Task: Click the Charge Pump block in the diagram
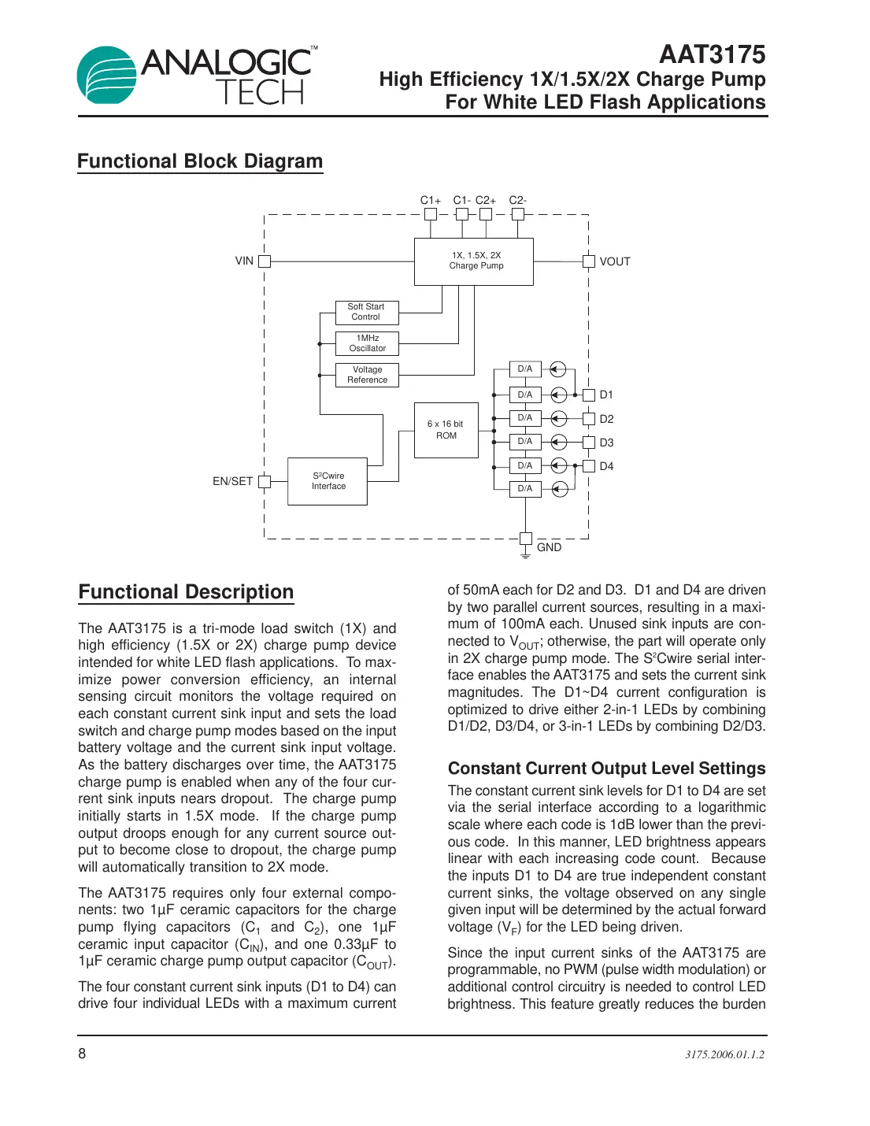point(474,261)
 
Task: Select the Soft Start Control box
point(366,313)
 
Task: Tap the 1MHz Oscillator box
point(367,343)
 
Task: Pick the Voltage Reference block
point(367,375)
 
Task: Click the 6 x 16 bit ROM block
point(446,430)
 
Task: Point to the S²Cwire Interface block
point(328,481)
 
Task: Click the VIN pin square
point(265,261)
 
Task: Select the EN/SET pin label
point(232,481)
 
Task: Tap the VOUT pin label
point(615,261)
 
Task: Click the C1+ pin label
point(430,200)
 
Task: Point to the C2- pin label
point(517,200)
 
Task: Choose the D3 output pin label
point(606,443)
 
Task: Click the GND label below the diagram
point(549,547)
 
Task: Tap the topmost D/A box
point(524,369)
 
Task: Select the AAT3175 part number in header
point(712,54)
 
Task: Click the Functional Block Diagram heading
point(200,161)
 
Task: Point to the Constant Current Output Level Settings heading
point(606,769)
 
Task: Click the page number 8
point(82,1054)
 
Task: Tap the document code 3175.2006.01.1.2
point(724,1054)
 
